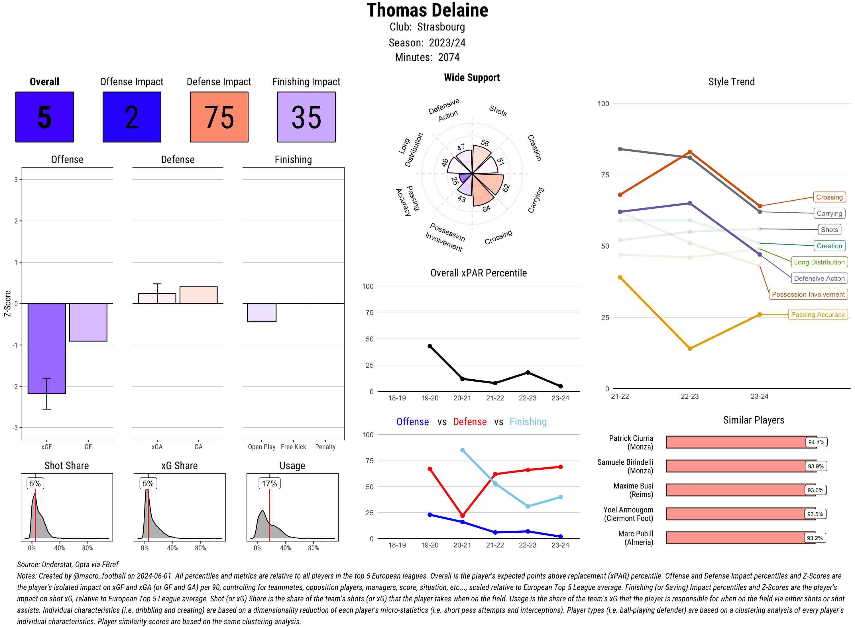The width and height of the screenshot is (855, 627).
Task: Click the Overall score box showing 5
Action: point(44,117)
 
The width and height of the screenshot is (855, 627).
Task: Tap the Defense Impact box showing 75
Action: point(219,117)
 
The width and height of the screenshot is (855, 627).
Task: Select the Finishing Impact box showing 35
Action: point(306,117)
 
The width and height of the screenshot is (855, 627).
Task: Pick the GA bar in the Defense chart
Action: point(198,295)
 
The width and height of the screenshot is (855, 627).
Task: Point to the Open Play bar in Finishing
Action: point(261,312)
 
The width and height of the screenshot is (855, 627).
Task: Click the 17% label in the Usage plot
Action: point(269,483)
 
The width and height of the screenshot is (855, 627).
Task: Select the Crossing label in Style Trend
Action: point(829,197)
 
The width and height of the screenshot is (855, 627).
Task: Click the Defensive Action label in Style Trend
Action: point(819,278)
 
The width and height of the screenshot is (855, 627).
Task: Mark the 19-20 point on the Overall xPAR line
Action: point(429,346)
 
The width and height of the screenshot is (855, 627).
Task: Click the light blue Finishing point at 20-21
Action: point(462,450)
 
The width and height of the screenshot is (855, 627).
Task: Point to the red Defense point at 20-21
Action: point(462,515)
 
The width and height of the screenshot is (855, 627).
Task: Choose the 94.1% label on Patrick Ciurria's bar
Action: point(816,442)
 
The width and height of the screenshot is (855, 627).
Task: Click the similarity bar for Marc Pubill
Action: point(740,538)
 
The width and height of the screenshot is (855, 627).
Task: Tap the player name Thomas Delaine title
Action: point(427,10)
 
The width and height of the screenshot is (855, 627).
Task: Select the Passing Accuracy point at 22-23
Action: point(689,349)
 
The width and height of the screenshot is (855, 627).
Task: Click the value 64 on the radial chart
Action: point(486,208)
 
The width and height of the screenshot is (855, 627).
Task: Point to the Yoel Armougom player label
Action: point(628,514)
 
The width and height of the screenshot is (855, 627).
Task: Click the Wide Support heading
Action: point(472,78)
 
